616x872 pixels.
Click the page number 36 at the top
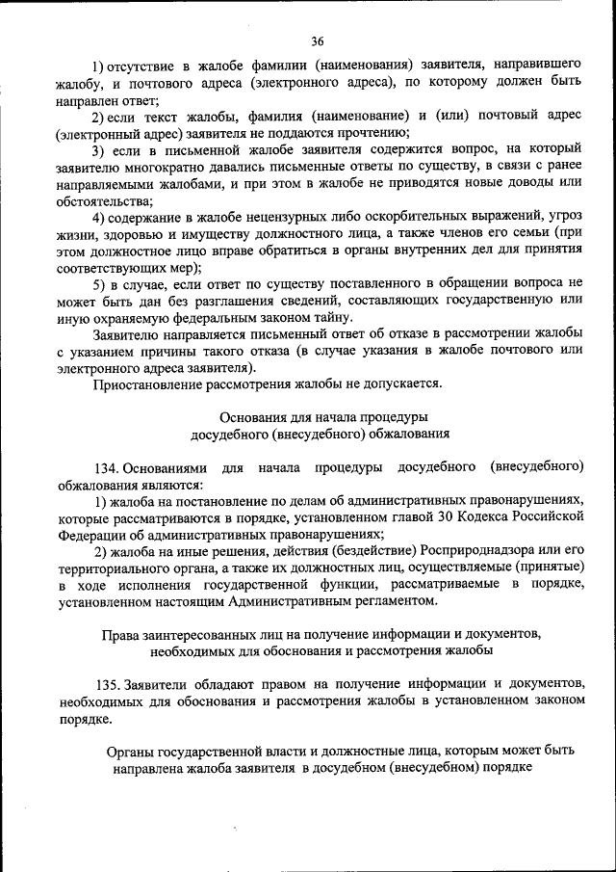tap(318, 40)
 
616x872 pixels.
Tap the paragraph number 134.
tap(106, 467)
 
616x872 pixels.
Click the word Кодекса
tap(458, 516)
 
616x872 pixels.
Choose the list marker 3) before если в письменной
tap(100, 151)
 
